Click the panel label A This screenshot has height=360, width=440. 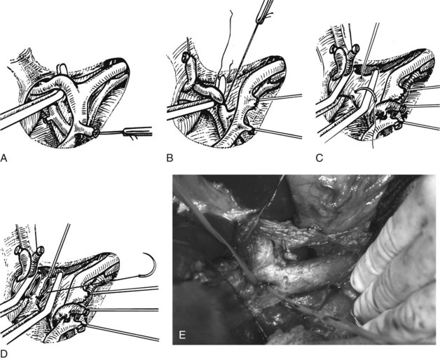(x=4, y=158)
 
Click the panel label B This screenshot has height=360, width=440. (x=170, y=158)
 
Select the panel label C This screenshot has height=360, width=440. (x=319, y=158)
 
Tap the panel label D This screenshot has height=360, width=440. (x=4, y=354)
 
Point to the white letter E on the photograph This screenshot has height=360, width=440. (x=182, y=335)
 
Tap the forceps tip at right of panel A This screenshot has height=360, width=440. (x=137, y=132)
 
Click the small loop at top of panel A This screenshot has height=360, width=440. (x=62, y=69)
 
